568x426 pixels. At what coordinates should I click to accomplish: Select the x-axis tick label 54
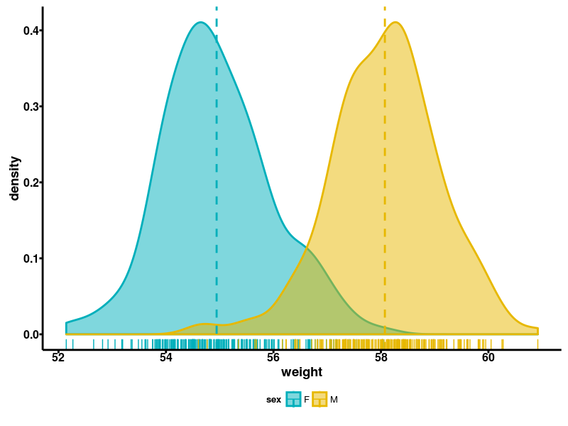pos(166,358)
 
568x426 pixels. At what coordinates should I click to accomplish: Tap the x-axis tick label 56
pos(273,358)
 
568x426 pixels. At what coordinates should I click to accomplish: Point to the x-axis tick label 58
pos(381,358)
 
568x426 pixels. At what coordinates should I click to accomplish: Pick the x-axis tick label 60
pos(488,358)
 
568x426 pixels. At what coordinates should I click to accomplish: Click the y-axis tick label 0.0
pos(32,334)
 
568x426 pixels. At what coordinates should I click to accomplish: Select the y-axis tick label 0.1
pos(32,258)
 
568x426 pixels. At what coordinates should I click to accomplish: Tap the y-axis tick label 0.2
pos(32,182)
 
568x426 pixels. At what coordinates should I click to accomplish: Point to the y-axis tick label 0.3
pos(32,106)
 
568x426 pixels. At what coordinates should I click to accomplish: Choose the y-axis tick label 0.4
pos(32,31)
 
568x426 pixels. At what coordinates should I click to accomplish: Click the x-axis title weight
pos(302,372)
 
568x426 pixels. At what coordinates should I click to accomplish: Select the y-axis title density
pos(15,179)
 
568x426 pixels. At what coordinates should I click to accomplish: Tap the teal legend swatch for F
pos(293,399)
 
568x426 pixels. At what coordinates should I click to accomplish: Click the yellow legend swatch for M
pos(320,399)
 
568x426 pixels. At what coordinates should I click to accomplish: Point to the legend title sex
pos(273,400)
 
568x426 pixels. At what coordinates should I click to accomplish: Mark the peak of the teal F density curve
pos(201,23)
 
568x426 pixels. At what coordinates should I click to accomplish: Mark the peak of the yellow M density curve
pos(396,23)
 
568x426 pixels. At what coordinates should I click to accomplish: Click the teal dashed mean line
pos(217,177)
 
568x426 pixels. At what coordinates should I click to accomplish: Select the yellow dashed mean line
pos(385,177)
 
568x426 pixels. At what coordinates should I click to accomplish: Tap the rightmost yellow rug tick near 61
pos(537,344)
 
